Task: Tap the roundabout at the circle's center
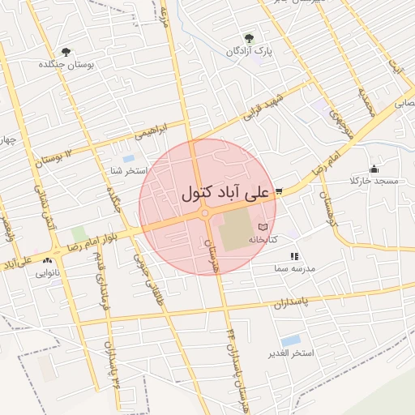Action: pos(206,213)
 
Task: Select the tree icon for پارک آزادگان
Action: pos(249,37)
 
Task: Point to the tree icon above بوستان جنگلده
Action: pos(65,51)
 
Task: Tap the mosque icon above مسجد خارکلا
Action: pos(374,169)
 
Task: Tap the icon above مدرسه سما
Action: pos(293,256)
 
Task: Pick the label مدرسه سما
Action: pos(294,267)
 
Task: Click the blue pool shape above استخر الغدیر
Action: pos(290,340)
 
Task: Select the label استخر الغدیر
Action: pos(288,354)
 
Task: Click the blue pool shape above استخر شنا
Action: pos(128,159)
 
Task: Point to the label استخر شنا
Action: pos(127,171)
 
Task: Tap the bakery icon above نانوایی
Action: pos(48,260)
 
